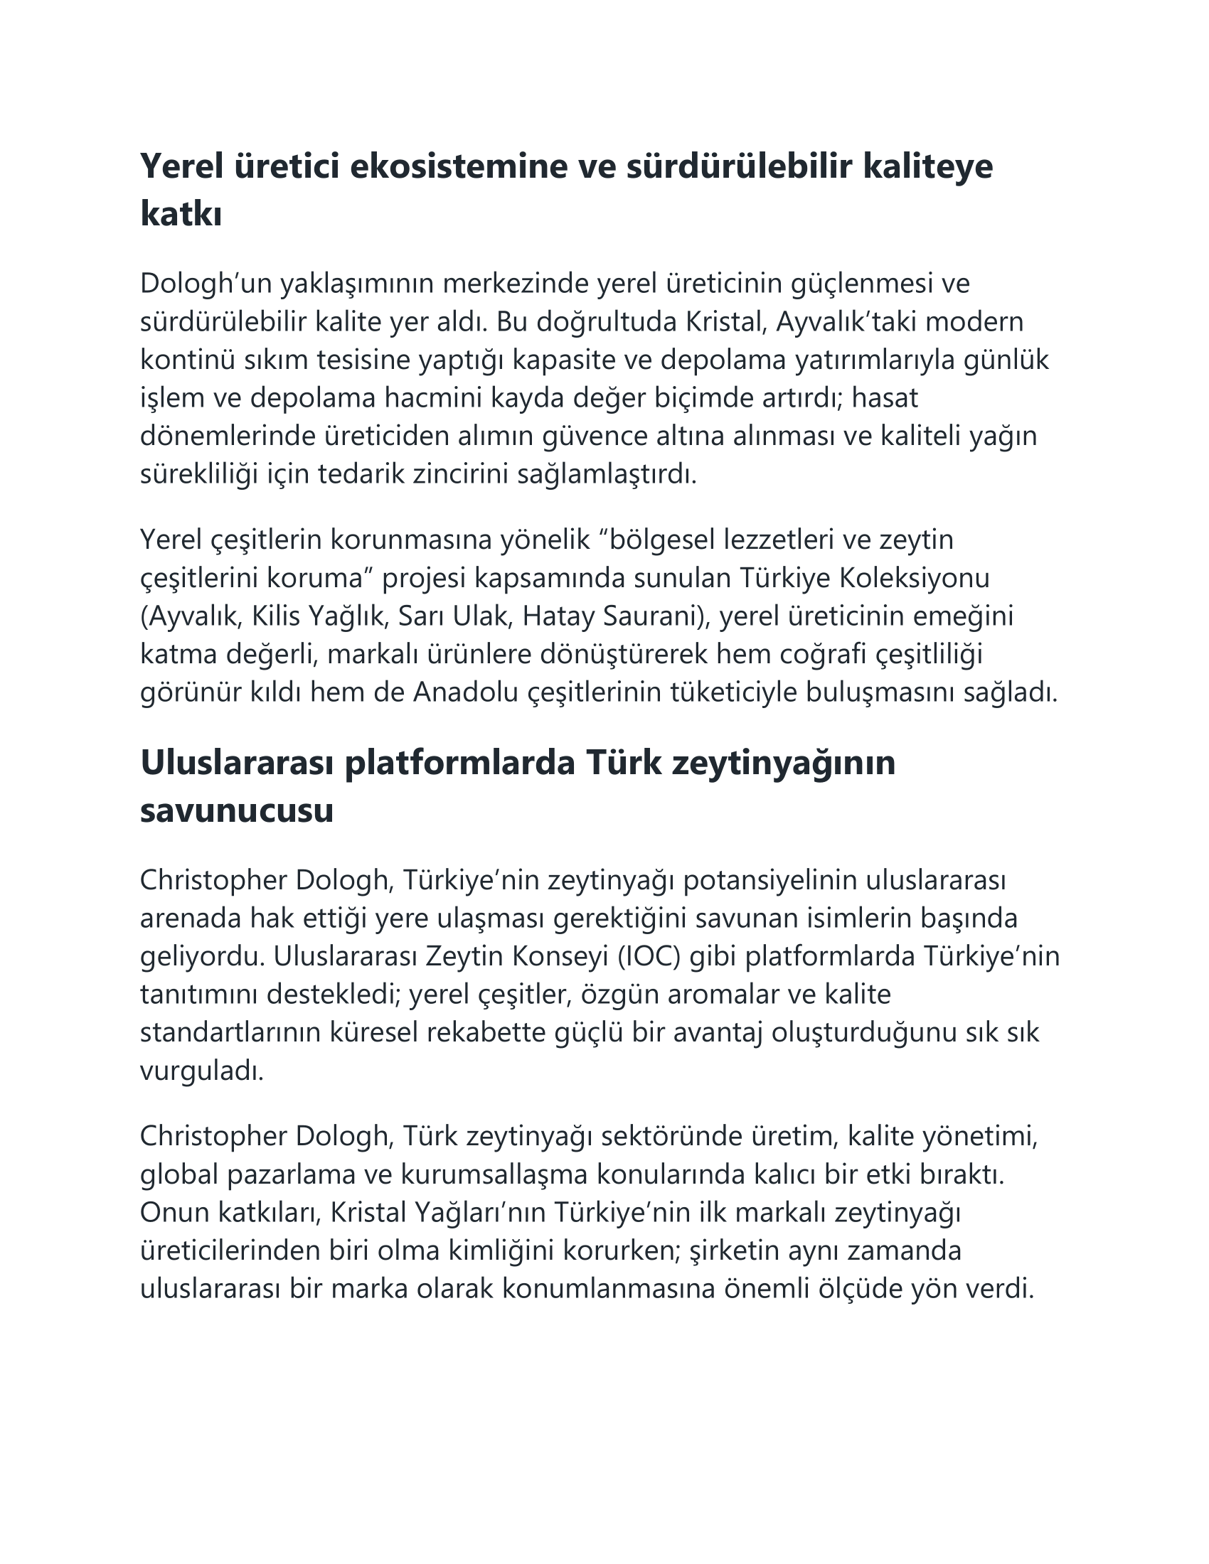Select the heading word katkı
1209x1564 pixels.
tap(181, 214)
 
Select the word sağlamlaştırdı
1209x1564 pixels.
tap(607, 473)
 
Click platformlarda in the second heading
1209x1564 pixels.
tap(460, 764)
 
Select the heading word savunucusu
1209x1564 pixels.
tap(236, 810)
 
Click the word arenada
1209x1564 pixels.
tap(190, 918)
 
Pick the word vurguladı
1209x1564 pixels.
tap(202, 1071)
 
